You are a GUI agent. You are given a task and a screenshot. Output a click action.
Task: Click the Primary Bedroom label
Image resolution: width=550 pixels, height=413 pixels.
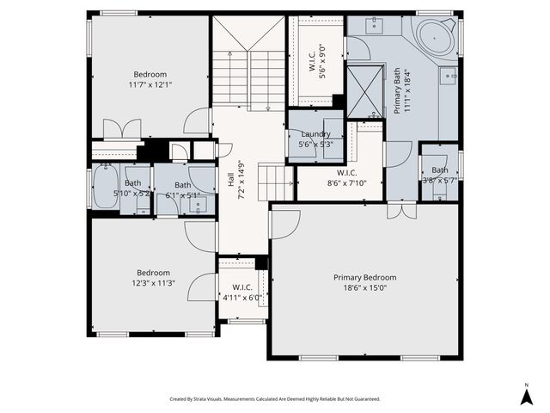pos(365,277)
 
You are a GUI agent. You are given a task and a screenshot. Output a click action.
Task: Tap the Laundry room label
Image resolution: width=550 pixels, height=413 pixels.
pos(316,134)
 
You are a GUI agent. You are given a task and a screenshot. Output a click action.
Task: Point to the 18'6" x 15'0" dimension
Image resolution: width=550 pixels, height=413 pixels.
pos(365,289)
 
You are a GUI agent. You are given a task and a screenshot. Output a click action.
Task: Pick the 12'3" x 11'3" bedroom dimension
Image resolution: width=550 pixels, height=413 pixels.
pos(153,283)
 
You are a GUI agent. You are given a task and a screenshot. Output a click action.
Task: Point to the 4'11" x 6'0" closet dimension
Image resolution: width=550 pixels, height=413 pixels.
pos(241,298)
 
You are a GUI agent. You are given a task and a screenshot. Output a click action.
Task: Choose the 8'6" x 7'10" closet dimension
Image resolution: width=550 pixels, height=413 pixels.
pos(346,182)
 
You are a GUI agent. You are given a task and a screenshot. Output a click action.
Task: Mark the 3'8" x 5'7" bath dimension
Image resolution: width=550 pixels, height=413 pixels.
pos(440,181)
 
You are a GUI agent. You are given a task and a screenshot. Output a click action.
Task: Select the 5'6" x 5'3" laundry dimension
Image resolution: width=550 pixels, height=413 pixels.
pos(315,145)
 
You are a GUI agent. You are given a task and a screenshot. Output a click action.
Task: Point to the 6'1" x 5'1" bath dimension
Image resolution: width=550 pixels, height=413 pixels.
pos(182,195)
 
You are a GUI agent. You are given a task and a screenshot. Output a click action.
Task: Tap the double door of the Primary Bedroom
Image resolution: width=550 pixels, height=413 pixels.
pos(400,210)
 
